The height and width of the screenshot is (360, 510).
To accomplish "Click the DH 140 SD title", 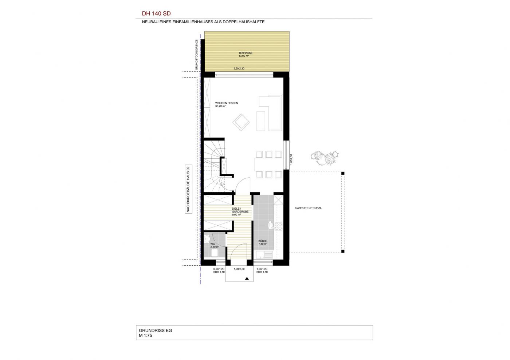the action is (x=156, y=14).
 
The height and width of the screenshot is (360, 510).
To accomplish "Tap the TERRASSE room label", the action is (x=246, y=53).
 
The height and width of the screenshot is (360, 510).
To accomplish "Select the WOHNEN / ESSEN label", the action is (x=227, y=103).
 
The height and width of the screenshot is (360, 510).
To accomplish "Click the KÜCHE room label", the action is (x=263, y=241).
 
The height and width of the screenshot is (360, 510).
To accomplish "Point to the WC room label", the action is (x=212, y=244).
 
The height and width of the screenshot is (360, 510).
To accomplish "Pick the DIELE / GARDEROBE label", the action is (x=240, y=210).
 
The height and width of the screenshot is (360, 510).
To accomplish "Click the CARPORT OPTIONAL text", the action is (x=308, y=208).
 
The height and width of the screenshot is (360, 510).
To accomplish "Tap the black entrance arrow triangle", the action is (x=247, y=278).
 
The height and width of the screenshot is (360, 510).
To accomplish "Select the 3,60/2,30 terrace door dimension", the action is (x=239, y=68).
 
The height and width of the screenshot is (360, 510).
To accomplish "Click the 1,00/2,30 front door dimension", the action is (x=239, y=269).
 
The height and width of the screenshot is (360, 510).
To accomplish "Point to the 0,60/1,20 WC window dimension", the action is (x=219, y=269).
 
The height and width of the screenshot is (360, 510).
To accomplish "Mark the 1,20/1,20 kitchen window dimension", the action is (x=262, y=269).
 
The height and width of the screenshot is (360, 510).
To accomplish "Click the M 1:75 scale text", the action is (x=145, y=335).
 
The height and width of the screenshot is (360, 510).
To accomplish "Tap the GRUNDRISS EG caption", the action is (x=156, y=331).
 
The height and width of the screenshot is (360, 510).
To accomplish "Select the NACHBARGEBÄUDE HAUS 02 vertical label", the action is (x=188, y=189).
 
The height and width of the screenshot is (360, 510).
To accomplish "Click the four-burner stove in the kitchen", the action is (x=278, y=226).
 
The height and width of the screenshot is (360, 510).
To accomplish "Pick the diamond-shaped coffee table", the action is (x=241, y=122).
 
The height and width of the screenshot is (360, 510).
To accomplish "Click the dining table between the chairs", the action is (x=269, y=164).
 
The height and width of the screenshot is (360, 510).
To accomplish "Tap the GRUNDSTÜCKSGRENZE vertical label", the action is (x=197, y=55).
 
